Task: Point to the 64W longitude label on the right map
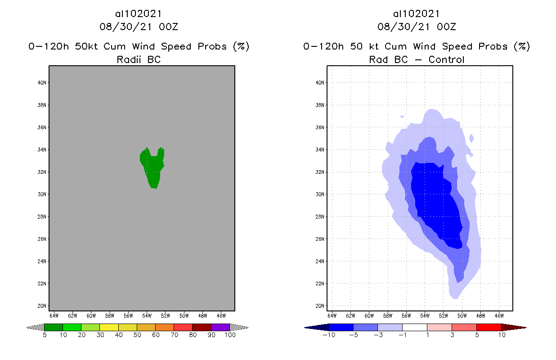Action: click(332, 315)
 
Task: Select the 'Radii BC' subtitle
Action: click(139, 59)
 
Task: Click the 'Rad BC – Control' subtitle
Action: click(417, 59)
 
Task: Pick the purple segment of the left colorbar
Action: click(220, 327)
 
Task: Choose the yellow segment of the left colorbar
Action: click(109, 327)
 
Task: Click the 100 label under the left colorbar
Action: click(230, 335)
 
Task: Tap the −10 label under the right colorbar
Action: click(329, 335)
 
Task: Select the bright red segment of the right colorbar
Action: click(489, 327)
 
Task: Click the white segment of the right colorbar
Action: click(414, 327)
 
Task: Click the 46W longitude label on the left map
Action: click(221, 315)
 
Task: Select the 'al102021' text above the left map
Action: click(139, 14)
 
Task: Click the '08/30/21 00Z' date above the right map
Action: click(417, 27)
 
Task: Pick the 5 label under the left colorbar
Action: click(45, 335)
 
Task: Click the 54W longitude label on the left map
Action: click(147, 315)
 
